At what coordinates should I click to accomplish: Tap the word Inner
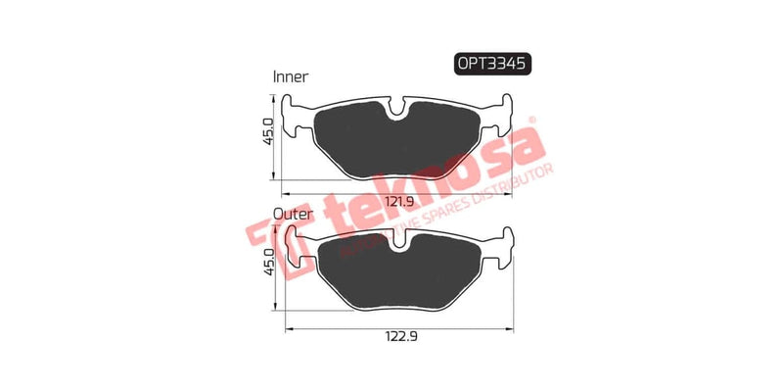pyautogui.click(x=291, y=76)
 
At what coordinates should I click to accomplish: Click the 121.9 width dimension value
pyautogui.click(x=396, y=201)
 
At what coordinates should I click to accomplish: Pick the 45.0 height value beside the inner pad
pyautogui.click(x=264, y=134)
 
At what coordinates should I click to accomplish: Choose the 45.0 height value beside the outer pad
pyautogui.click(x=264, y=262)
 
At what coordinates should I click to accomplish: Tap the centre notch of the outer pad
pyautogui.click(x=396, y=242)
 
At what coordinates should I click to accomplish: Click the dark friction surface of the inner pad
pyautogui.click(x=396, y=147)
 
